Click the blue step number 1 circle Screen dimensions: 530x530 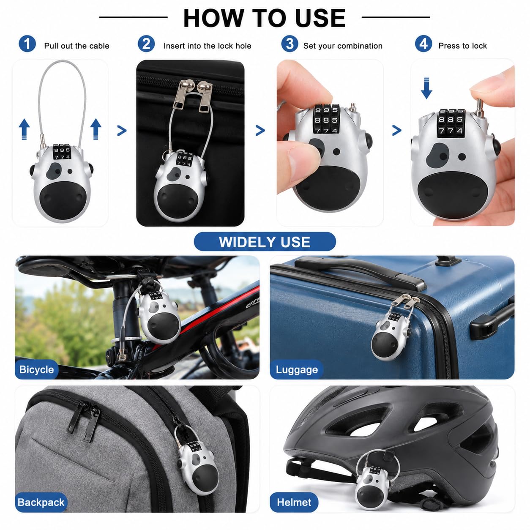pyautogui.click(x=27, y=44)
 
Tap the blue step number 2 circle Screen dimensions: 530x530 pyautogui.click(x=146, y=44)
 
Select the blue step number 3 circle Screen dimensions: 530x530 pyautogui.click(x=290, y=44)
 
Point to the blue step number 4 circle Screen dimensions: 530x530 pyautogui.click(x=423, y=44)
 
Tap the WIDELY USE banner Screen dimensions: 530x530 pyautogui.click(x=265, y=242)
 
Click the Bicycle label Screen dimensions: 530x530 pyautogui.click(x=37, y=369)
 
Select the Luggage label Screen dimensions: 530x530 pyautogui.click(x=297, y=369)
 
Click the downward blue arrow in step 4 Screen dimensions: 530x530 pyautogui.click(x=426, y=88)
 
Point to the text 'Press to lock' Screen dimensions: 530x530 pyautogui.click(x=463, y=46)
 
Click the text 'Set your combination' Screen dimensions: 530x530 pyautogui.click(x=343, y=46)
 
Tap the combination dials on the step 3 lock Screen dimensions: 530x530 pyautogui.click(x=326, y=119)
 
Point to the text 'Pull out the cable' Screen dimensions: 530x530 pyautogui.click(x=77, y=46)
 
